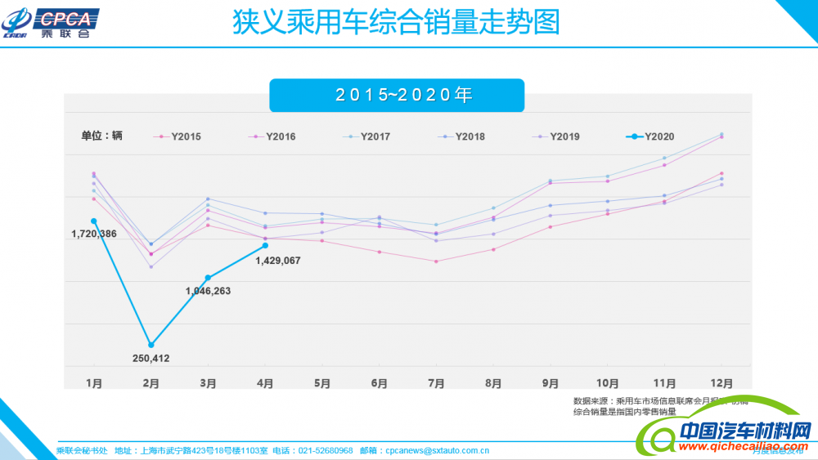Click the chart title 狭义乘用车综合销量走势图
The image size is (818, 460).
pyautogui.click(x=396, y=22)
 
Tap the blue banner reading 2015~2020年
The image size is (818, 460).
pyautogui.click(x=397, y=95)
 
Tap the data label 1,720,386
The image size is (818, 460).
pyautogui.click(x=94, y=234)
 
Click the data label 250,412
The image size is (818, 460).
pyautogui.click(x=151, y=358)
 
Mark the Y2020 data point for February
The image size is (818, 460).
pyautogui.click(x=151, y=345)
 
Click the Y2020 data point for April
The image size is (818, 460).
pyautogui.click(x=265, y=245)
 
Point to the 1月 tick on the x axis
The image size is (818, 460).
pyautogui.click(x=94, y=382)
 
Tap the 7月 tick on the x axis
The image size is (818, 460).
pyautogui.click(x=436, y=382)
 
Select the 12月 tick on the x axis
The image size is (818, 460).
pyautogui.click(x=721, y=382)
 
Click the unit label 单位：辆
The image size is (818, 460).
pyautogui.click(x=101, y=136)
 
